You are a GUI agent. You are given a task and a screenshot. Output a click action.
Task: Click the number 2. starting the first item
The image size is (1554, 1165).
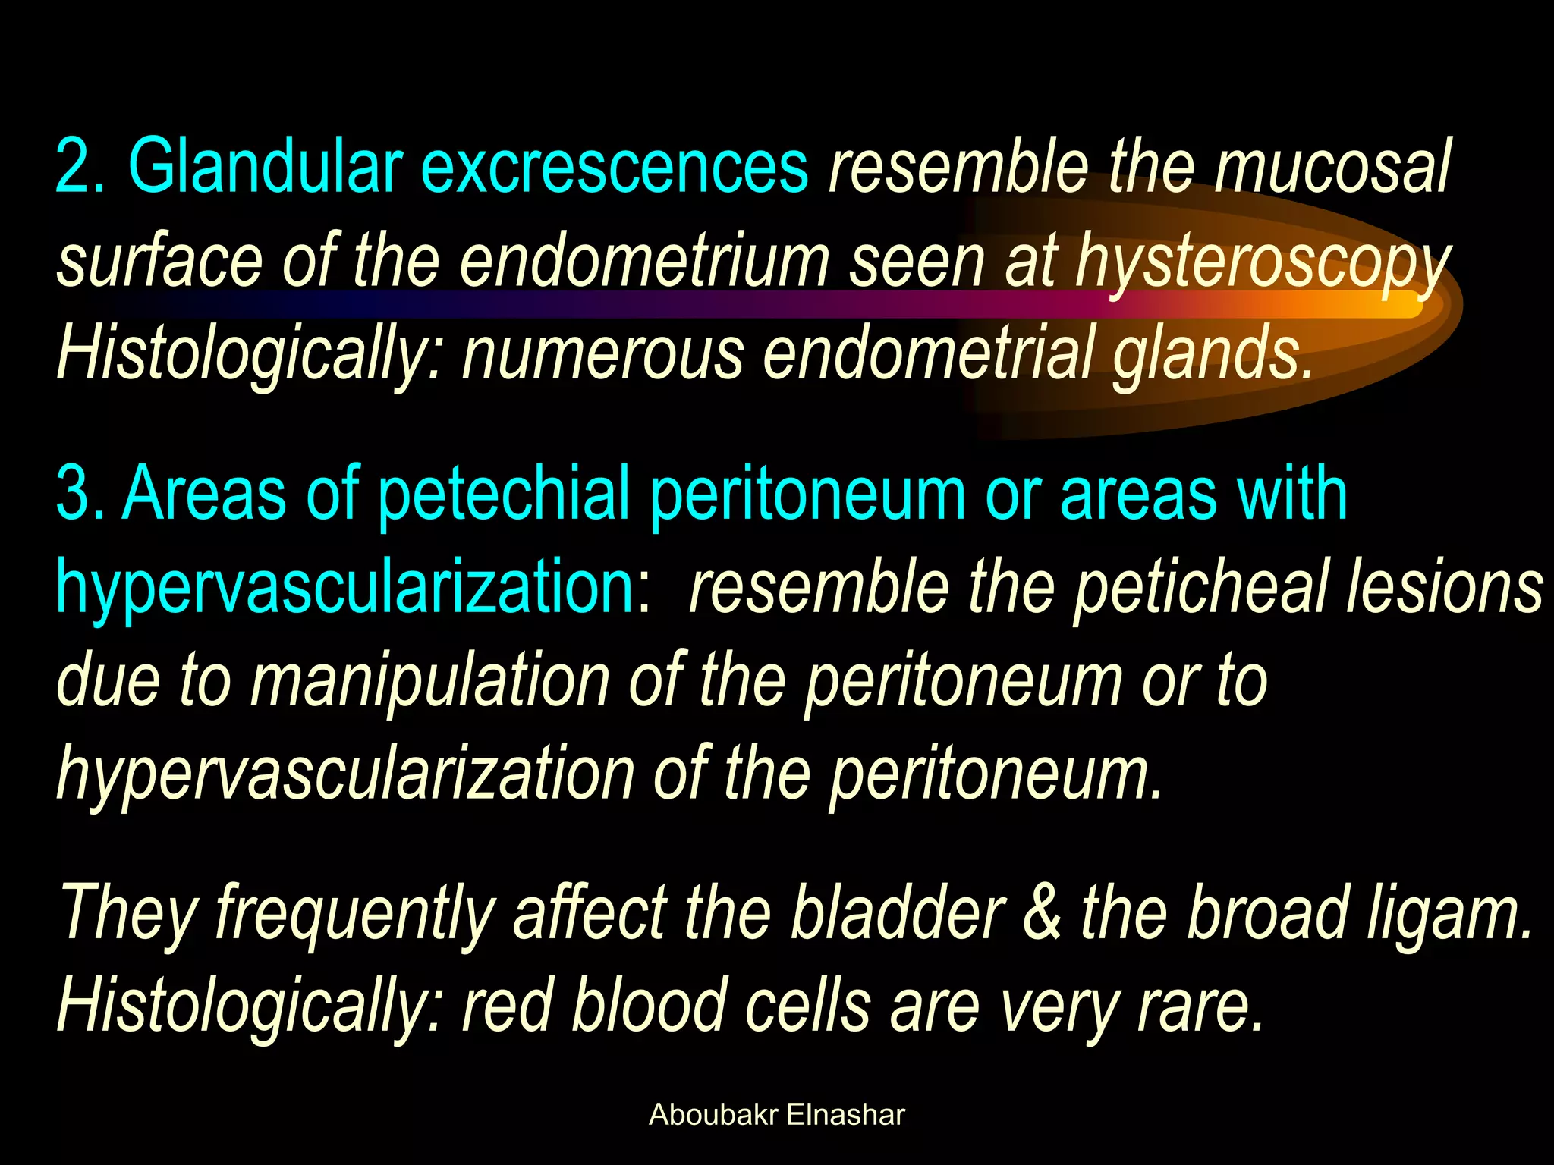click(x=80, y=165)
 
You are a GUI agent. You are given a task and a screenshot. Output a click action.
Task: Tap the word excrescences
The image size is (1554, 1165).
click(x=615, y=165)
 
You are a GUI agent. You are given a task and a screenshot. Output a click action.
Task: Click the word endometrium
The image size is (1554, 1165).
click(x=645, y=260)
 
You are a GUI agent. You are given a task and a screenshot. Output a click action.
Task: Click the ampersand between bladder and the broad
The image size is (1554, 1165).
click(x=1043, y=914)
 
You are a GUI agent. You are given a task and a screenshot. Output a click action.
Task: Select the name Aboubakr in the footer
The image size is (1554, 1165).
click(x=713, y=1115)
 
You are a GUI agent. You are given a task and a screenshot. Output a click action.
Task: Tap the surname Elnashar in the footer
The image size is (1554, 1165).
click(x=845, y=1115)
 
